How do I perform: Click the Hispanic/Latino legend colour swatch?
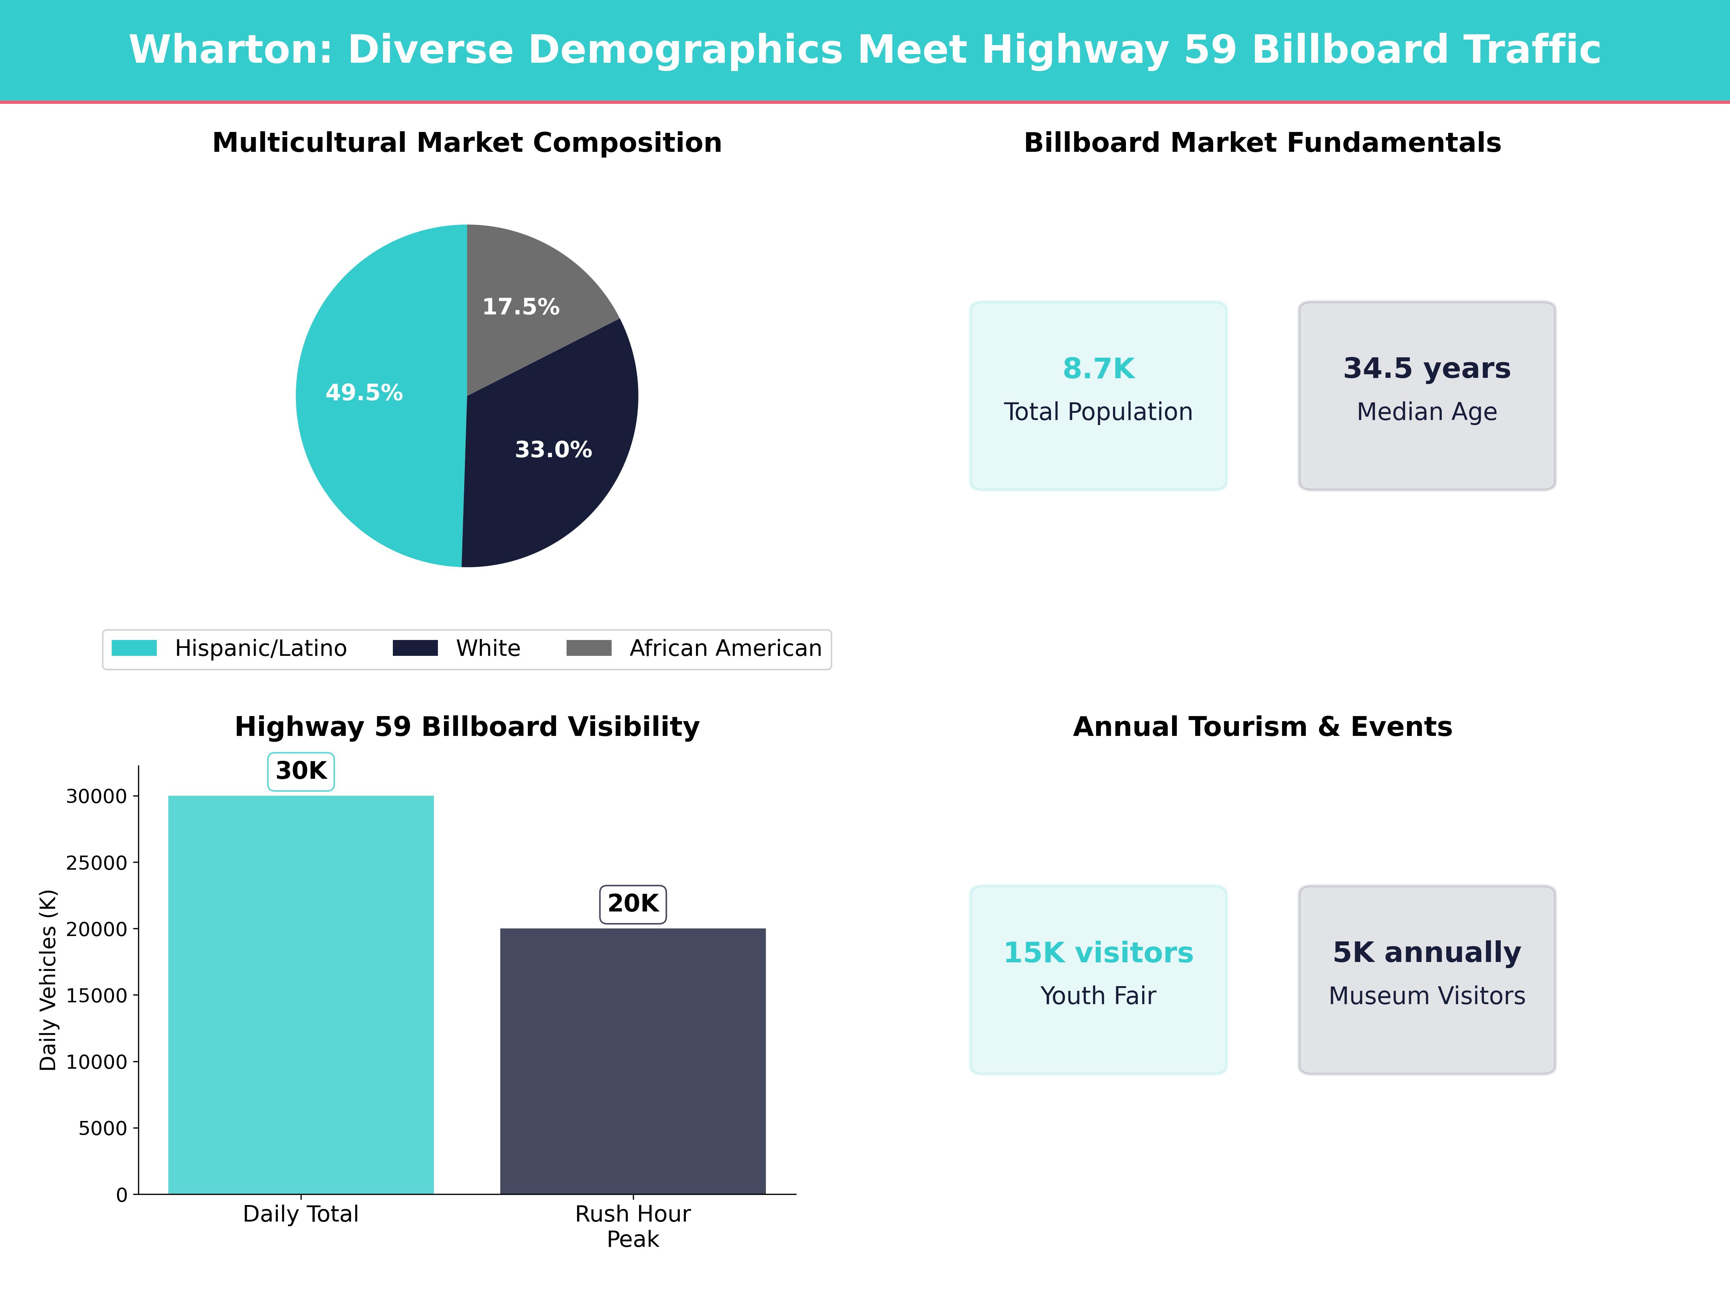pyautogui.click(x=134, y=648)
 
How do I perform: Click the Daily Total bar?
pyautogui.click(x=301, y=994)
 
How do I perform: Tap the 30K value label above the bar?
pyautogui.click(x=301, y=772)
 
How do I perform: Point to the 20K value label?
pyautogui.click(x=633, y=904)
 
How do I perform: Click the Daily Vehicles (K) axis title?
pyautogui.click(x=49, y=980)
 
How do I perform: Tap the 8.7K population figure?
pyautogui.click(x=1098, y=368)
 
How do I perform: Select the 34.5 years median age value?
pyautogui.click(x=1427, y=368)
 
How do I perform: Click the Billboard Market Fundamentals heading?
pyautogui.click(x=1262, y=143)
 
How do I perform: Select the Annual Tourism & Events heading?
pyautogui.click(x=1262, y=727)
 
